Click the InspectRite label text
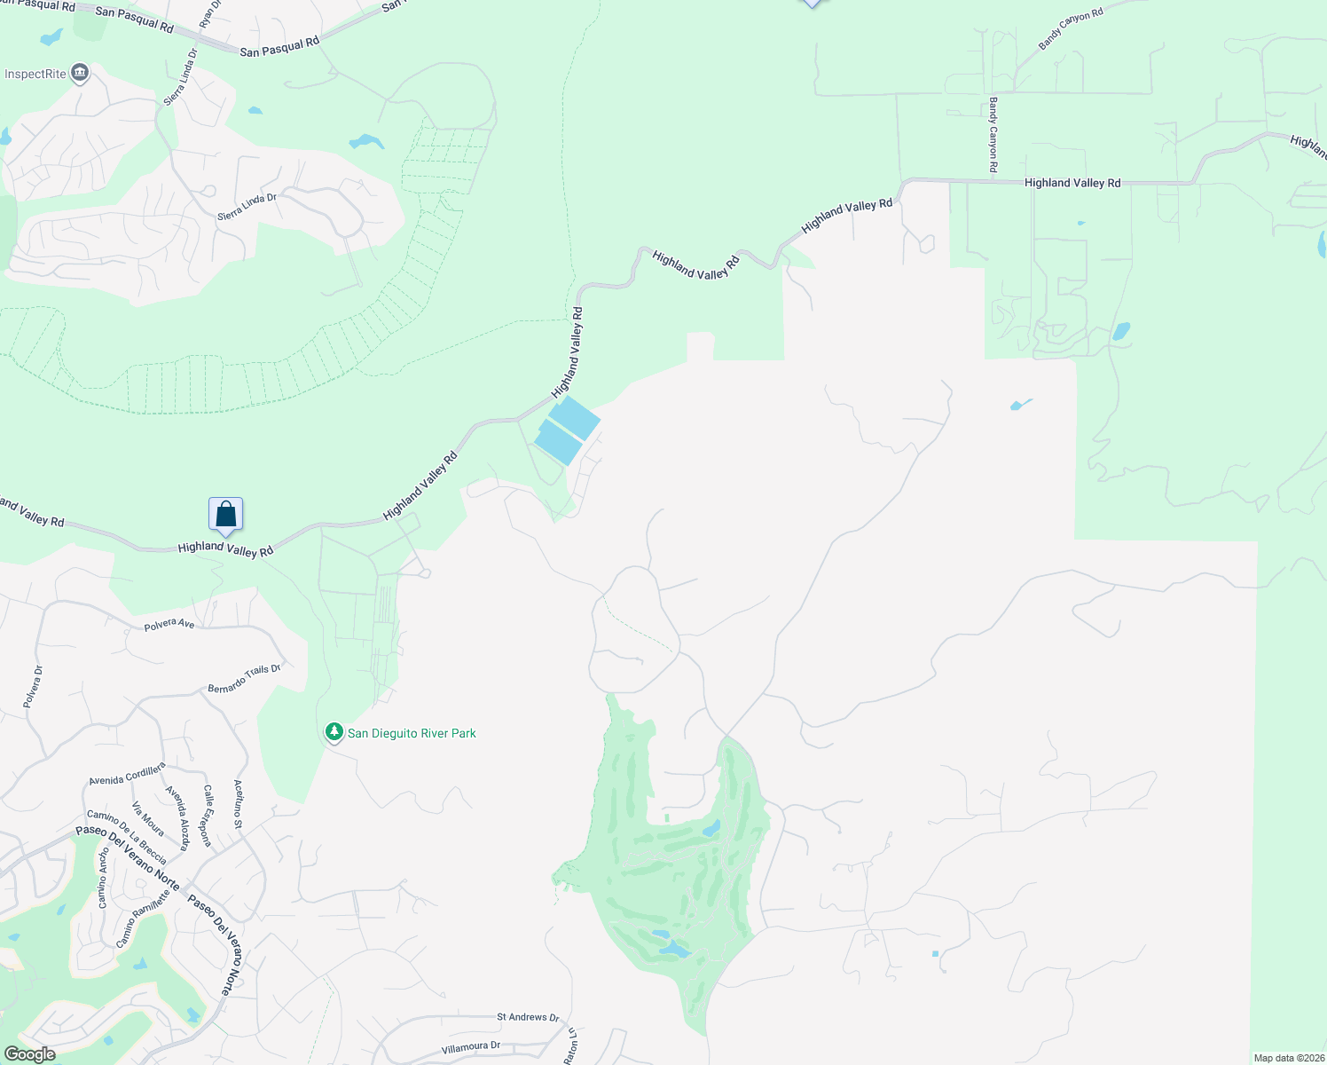[x=35, y=74]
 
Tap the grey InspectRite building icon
[x=80, y=72]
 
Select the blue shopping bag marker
[x=226, y=515]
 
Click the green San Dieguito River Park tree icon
[x=334, y=732]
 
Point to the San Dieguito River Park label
[x=412, y=733]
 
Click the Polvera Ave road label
[x=169, y=624]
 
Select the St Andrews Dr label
[x=528, y=1017]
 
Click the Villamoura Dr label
[x=471, y=1047]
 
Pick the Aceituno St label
[x=238, y=804]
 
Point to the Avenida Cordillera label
[x=127, y=774]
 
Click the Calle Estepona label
[x=208, y=815]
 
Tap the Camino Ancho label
[x=103, y=878]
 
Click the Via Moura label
[x=148, y=818]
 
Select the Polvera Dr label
[x=32, y=687]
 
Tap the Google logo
[x=30, y=1054]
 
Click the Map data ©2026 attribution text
[x=1288, y=1058]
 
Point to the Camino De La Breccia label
[x=127, y=837]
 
